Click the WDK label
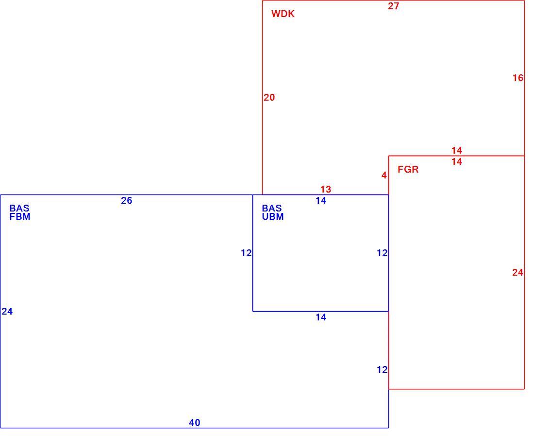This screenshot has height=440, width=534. (x=283, y=14)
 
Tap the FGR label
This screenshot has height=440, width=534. (x=408, y=169)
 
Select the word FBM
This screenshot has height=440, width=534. (x=20, y=216)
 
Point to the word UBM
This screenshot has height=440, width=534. (x=273, y=216)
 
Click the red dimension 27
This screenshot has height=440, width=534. (x=393, y=6)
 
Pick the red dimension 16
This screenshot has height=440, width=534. (x=518, y=78)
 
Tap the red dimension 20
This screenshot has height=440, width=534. (x=269, y=98)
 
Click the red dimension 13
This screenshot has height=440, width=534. (x=326, y=189)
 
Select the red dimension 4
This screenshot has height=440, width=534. (x=384, y=176)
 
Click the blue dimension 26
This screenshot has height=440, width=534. (x=126, y=201)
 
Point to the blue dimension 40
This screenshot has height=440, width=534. (x=195, y=423)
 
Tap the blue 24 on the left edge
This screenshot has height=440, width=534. (x=7, y=312)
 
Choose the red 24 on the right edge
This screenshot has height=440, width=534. (x=517, y=273)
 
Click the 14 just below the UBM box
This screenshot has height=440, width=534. (x=321, y=317)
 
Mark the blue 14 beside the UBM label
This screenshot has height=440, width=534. (x=321, y=201)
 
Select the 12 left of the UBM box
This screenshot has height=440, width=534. (x=246, y=253)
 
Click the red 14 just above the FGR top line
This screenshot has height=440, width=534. (x=457, y=150)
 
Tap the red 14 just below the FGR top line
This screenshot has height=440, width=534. (x=457, y=162)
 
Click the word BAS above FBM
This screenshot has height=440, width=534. (x=19, y=208)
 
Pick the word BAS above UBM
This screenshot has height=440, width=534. (x=272, y=208)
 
